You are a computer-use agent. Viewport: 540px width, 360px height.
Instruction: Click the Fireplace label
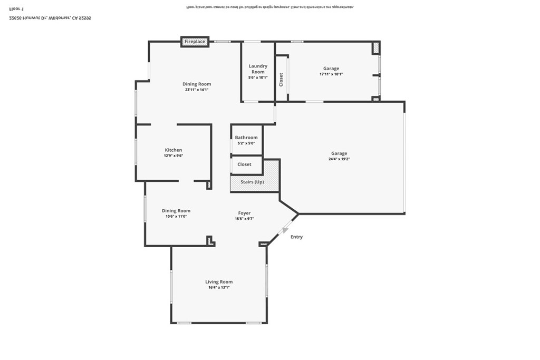[195, 42]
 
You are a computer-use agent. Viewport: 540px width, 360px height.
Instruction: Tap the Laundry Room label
[258, 69]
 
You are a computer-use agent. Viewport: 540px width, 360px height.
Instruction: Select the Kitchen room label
[173, 150]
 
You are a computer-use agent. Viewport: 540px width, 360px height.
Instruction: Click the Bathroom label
[246, 138]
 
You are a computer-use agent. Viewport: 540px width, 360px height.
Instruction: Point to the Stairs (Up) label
[252, 182]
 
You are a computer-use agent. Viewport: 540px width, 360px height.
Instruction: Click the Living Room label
[219, 282]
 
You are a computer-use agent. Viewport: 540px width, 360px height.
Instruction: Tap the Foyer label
[244, 213]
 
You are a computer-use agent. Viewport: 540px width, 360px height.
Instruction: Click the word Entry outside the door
[297, 237]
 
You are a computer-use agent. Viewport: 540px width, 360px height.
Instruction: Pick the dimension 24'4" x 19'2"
[339, 159]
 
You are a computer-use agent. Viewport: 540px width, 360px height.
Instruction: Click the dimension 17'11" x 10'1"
[331, 74]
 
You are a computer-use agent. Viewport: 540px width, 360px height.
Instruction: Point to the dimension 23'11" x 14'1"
[197, 90]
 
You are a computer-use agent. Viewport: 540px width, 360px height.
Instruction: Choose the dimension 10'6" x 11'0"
[176, 216]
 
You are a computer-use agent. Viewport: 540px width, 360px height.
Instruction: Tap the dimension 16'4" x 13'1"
[219, 287]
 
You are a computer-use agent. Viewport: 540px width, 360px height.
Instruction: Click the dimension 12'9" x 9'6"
[173, 155]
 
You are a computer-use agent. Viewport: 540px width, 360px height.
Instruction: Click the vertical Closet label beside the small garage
[281, 80]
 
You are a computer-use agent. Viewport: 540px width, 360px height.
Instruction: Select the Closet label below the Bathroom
[244, 164]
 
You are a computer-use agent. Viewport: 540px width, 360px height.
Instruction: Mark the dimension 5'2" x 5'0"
[246, 143]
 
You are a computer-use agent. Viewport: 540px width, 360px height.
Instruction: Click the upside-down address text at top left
[51, 17]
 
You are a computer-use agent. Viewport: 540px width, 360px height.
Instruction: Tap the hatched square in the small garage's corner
[376, 48]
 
